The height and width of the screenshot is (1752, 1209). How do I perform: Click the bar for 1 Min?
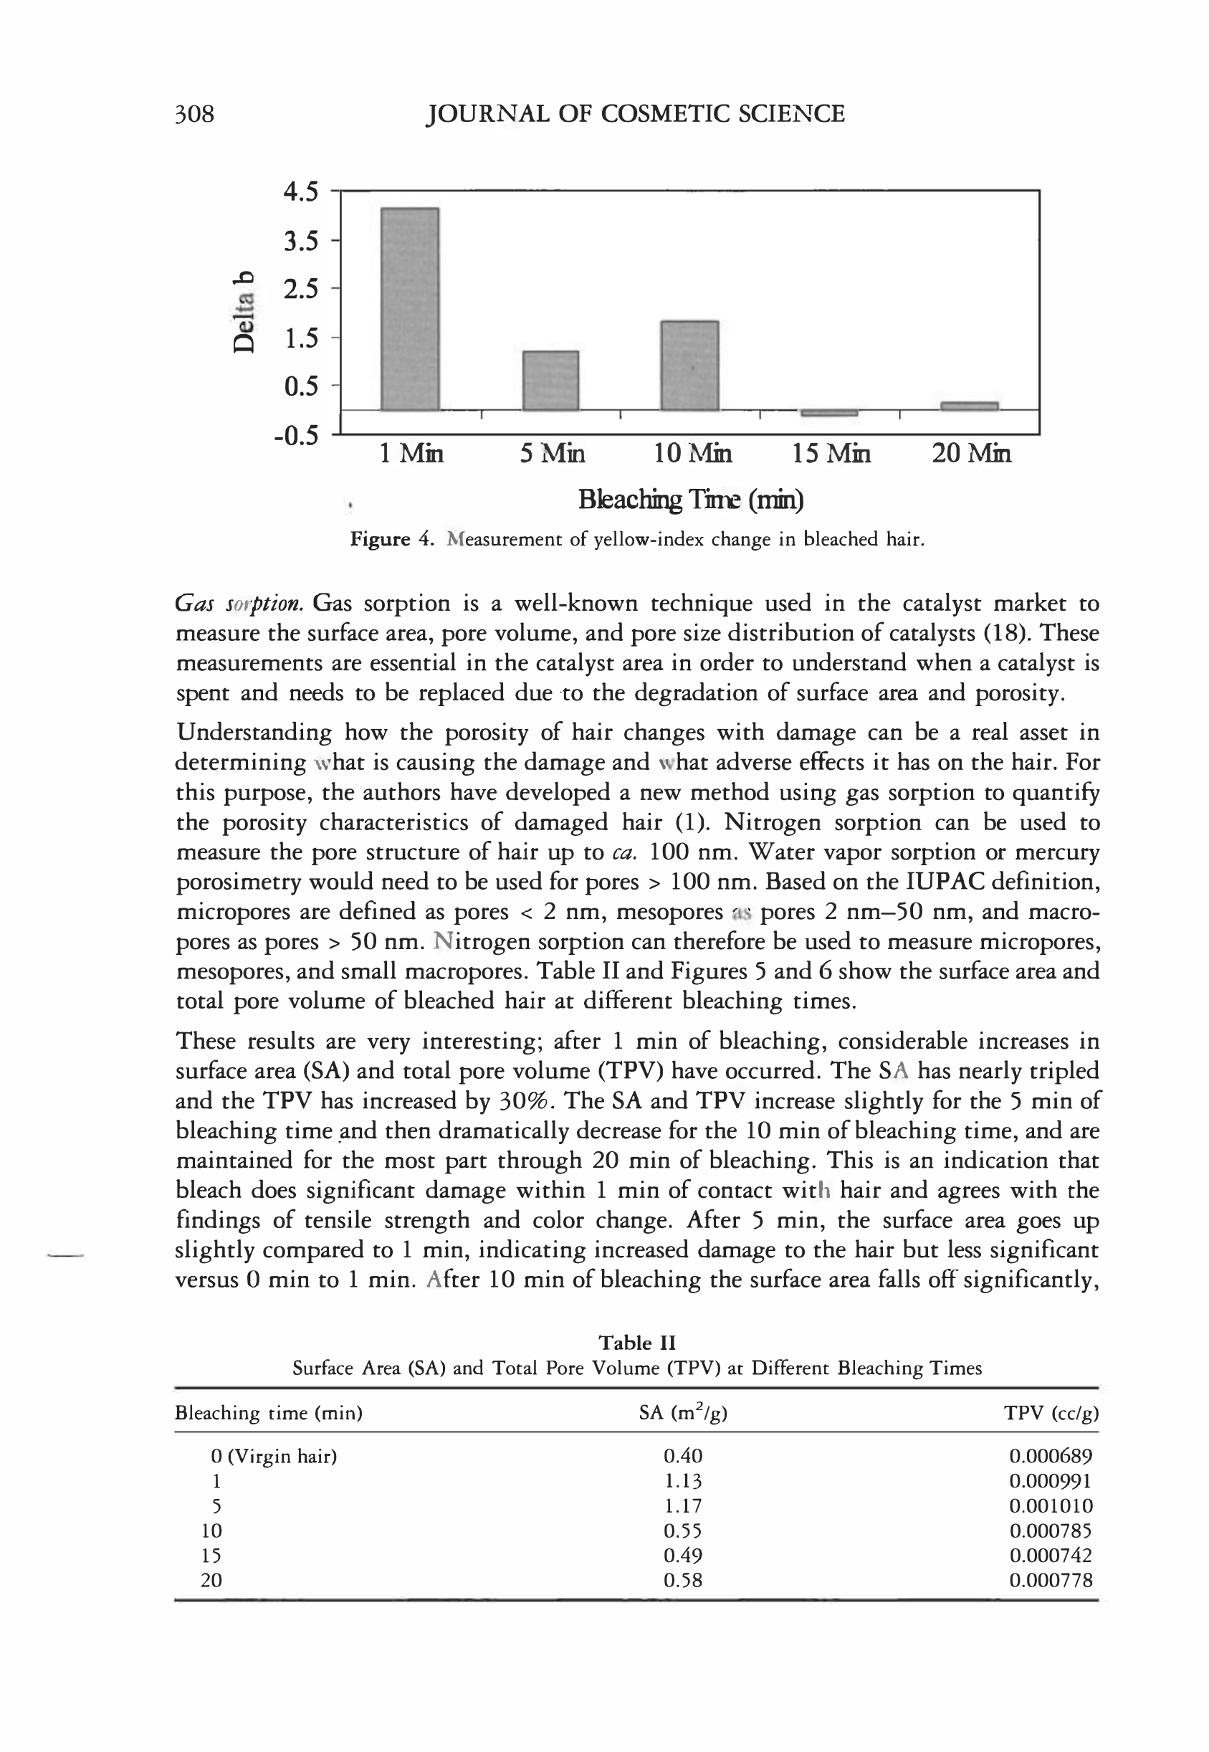click(409, 308)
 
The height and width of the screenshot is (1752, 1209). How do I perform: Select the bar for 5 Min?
click(550, 381)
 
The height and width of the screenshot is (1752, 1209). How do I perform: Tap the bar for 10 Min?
click(689, 366)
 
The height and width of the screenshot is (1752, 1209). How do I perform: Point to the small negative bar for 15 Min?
click(828, 413)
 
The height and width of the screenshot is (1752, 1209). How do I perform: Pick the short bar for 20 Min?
click(969, 406)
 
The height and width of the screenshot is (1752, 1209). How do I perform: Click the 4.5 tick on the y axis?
click(301, 193)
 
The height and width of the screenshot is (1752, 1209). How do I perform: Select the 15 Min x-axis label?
click(831, 454)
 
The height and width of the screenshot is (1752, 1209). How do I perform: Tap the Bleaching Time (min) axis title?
click(690, 500)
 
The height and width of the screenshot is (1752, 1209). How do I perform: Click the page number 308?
click(195, 114)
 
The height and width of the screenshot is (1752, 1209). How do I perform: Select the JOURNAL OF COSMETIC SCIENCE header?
click(636, 114)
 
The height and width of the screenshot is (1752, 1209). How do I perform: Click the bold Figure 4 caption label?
click(391, 540)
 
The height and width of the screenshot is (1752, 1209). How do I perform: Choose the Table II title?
click(636, 1343)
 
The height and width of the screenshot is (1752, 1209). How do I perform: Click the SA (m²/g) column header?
click(682, 1412)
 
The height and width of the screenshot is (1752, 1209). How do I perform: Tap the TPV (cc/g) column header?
click(1051, 1412)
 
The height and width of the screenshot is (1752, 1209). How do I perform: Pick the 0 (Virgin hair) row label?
click(274, 1456)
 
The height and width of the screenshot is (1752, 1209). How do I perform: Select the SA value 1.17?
click(682, 1505)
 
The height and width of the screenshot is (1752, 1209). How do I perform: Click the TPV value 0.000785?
click(1051, 1530)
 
